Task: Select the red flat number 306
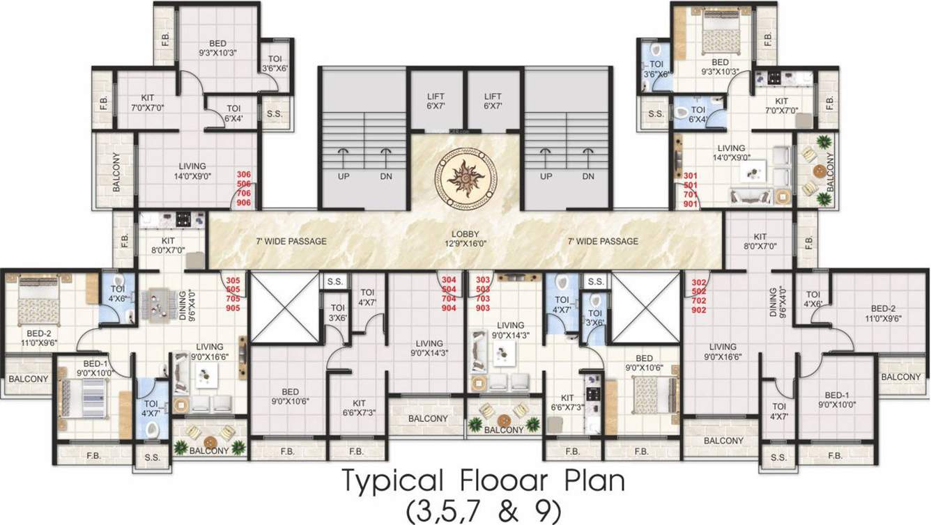[x=244, y=175]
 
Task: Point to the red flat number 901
[x=690, y=204]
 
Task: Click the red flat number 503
[x=482, y=288]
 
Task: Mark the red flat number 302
[x=698, y=282]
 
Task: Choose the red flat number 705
[x=233, y=298]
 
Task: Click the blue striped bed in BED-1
[x=82, y=398]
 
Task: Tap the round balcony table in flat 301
[x=819, y=170]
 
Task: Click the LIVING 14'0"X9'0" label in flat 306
[x=192, y=171]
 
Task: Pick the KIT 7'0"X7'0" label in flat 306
[x=147, y=102]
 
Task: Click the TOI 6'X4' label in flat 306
[x=233, y=113]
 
